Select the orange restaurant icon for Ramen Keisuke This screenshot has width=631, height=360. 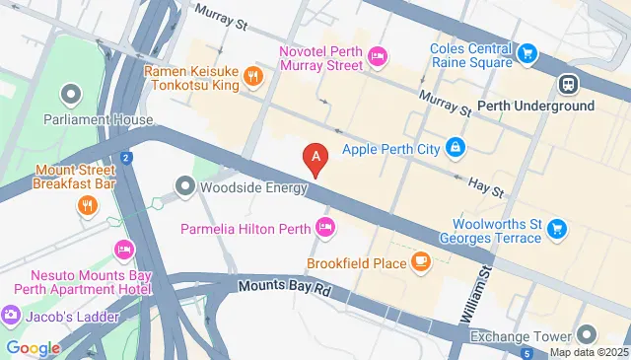253,76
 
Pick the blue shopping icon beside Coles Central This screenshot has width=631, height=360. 527,53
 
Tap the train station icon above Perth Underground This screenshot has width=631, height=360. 568,85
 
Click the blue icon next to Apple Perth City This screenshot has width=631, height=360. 455,149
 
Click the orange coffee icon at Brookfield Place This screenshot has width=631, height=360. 421,262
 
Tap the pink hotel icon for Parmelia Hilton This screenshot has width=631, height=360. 325,228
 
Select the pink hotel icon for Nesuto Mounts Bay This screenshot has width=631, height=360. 123,247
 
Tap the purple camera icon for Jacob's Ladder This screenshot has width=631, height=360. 11,316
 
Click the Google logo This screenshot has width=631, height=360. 33,347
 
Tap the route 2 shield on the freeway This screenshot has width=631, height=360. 126,158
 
